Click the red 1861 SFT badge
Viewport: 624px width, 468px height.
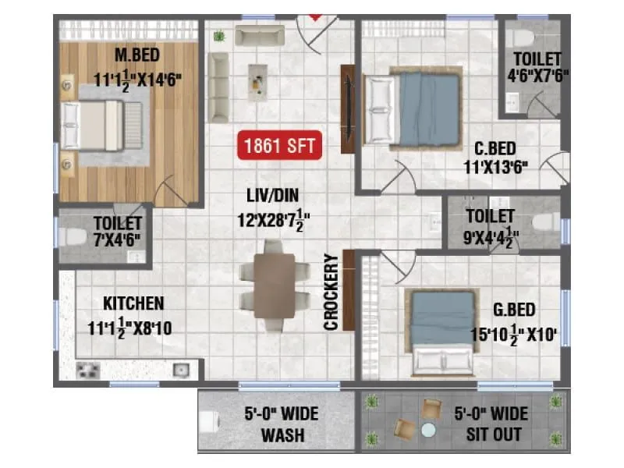280,145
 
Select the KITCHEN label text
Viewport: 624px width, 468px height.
133,303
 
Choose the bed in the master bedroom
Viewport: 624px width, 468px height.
103,125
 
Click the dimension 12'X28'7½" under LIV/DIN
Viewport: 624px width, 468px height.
270,221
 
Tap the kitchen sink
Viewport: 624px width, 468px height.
181,369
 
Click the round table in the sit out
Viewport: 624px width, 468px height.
427,429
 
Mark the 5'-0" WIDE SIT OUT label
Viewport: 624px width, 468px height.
489,424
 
